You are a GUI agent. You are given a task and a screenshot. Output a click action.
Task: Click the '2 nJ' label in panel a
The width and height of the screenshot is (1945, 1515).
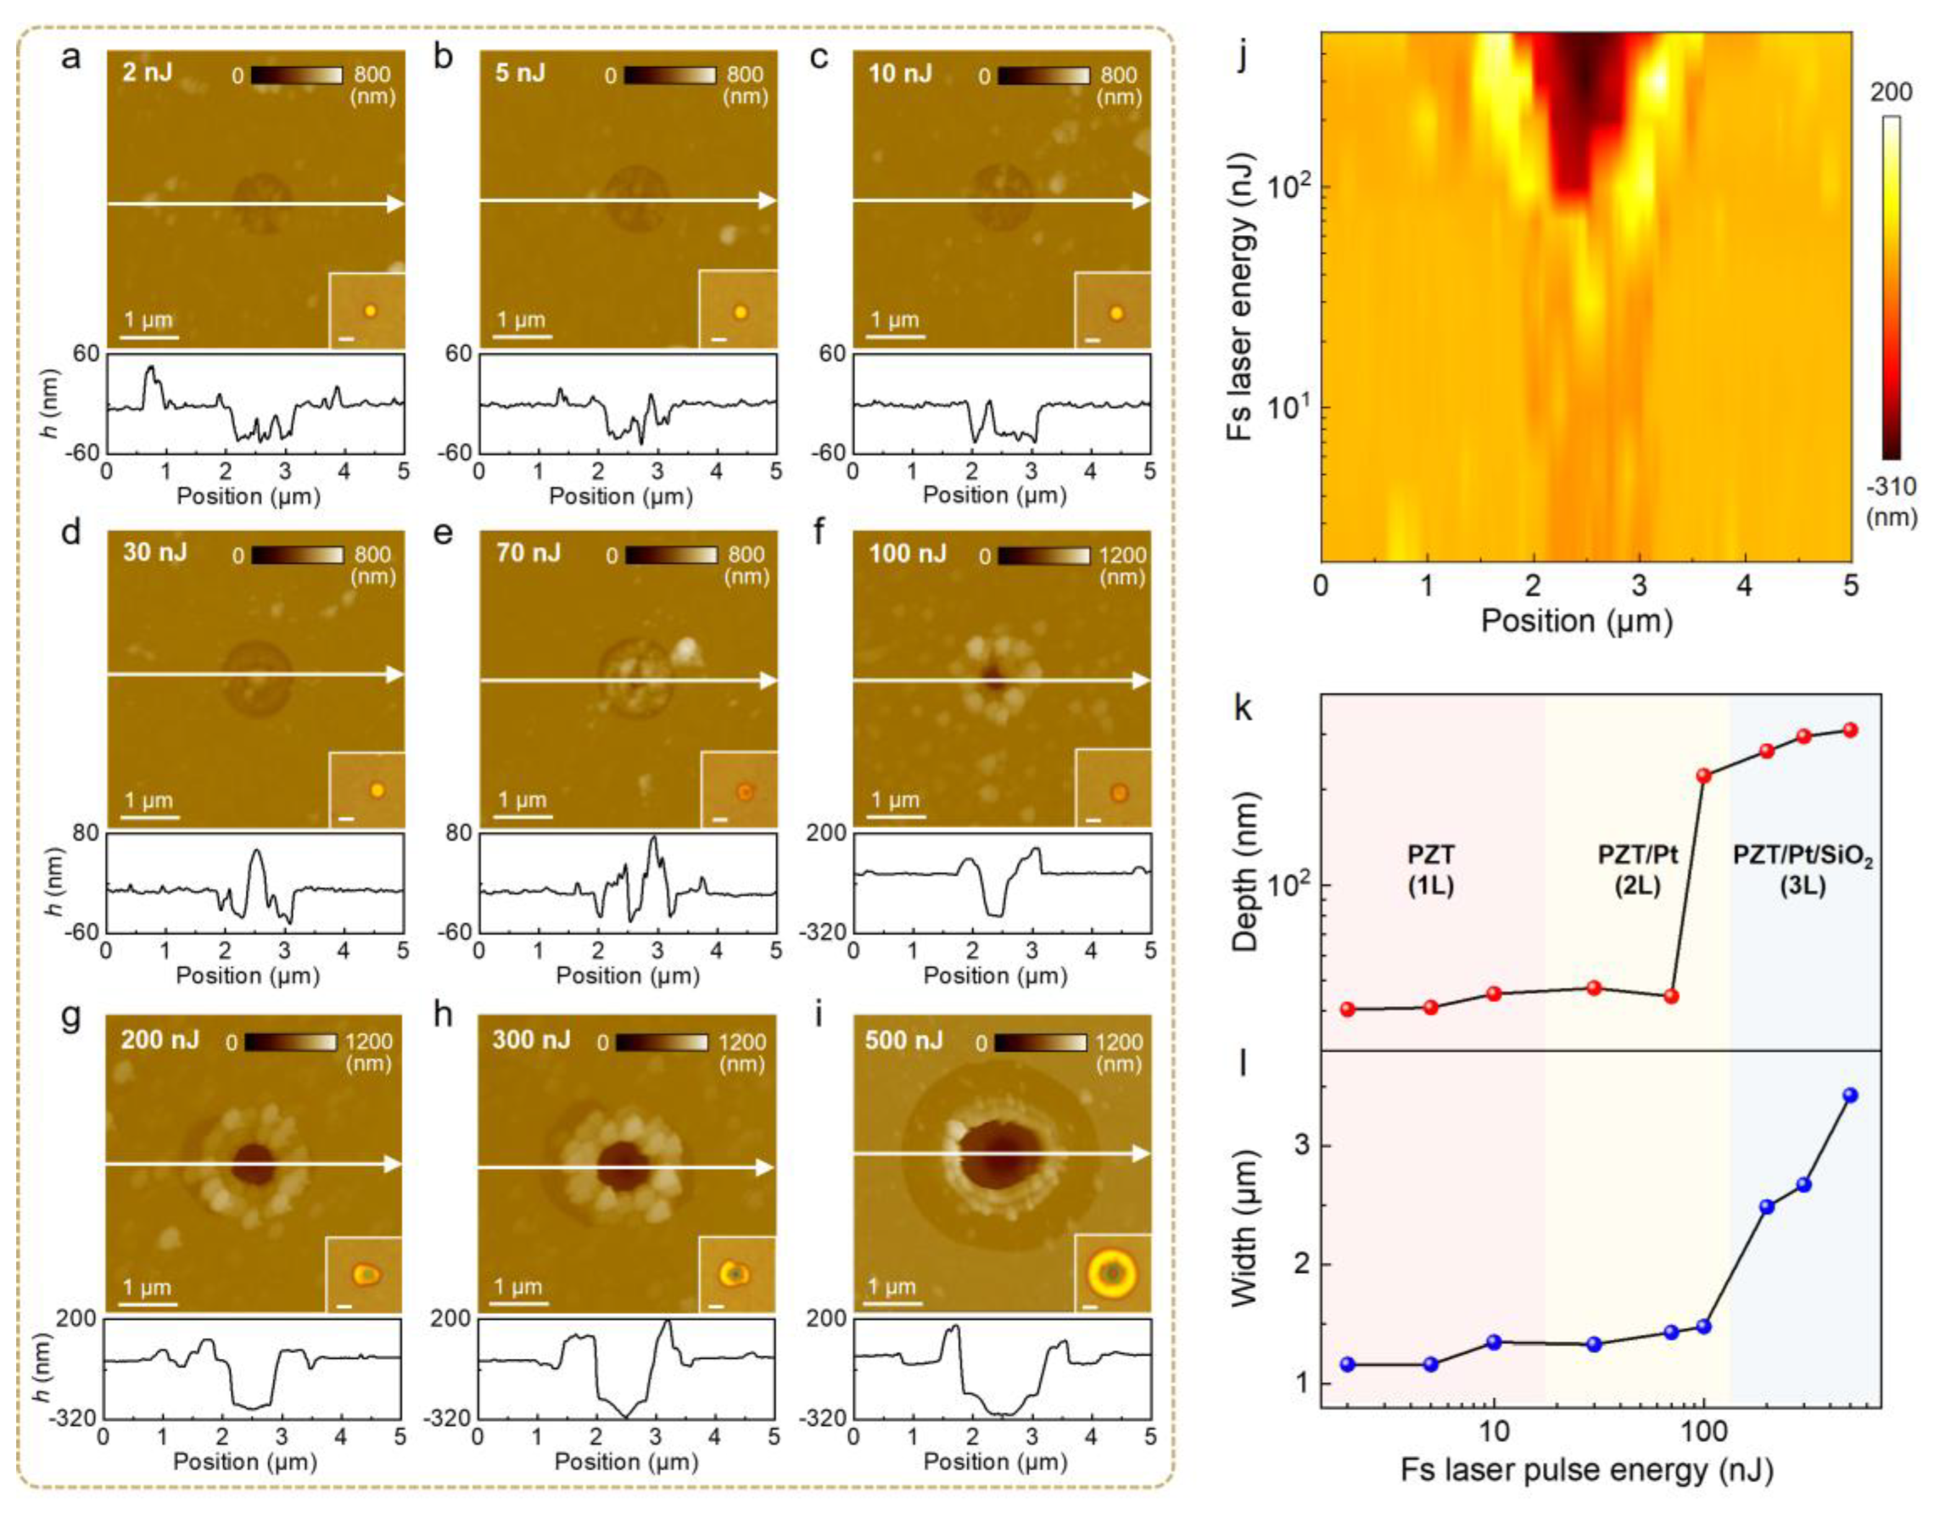[148, 72]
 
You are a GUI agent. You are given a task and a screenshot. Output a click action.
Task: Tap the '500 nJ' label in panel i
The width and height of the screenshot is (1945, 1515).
[903, 1040]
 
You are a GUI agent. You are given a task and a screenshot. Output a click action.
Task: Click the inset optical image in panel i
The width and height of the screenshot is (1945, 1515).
[1112, 1274]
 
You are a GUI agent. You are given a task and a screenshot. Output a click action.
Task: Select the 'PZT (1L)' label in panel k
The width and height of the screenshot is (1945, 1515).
[1431, 870]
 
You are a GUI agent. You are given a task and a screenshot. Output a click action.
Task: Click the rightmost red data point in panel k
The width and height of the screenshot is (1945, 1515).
[1849, 730]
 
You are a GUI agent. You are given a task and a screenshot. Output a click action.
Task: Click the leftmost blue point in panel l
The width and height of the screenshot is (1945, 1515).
[1348, 1364]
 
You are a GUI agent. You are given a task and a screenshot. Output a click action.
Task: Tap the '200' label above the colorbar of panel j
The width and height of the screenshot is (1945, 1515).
[1890, 92]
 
